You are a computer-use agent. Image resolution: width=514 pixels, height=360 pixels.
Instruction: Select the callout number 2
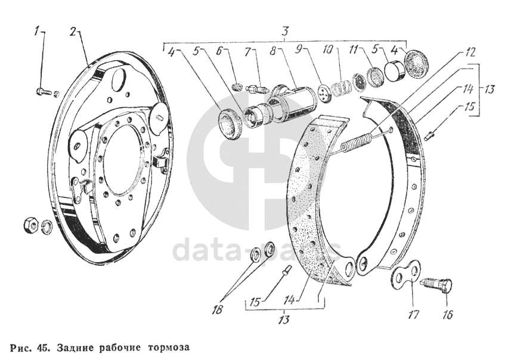click(72, 32)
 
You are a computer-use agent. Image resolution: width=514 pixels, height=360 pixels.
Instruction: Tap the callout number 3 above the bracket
click(285, 32)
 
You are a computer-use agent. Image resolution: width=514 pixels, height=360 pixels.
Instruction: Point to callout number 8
click(273, 52)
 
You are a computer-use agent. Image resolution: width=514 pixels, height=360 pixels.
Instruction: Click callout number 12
click(469, 52)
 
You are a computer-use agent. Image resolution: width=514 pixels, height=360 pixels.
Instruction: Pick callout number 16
click(447, 315)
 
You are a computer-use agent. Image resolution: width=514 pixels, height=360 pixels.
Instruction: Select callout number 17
click(414, 315)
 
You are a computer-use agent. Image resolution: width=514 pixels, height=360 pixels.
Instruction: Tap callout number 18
click(217, 309)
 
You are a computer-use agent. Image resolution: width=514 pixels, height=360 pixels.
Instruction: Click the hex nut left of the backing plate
click(32, 226)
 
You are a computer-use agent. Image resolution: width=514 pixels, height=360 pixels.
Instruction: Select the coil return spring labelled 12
click(357, 140)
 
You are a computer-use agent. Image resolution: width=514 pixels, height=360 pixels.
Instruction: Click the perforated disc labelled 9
click(324, 93)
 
